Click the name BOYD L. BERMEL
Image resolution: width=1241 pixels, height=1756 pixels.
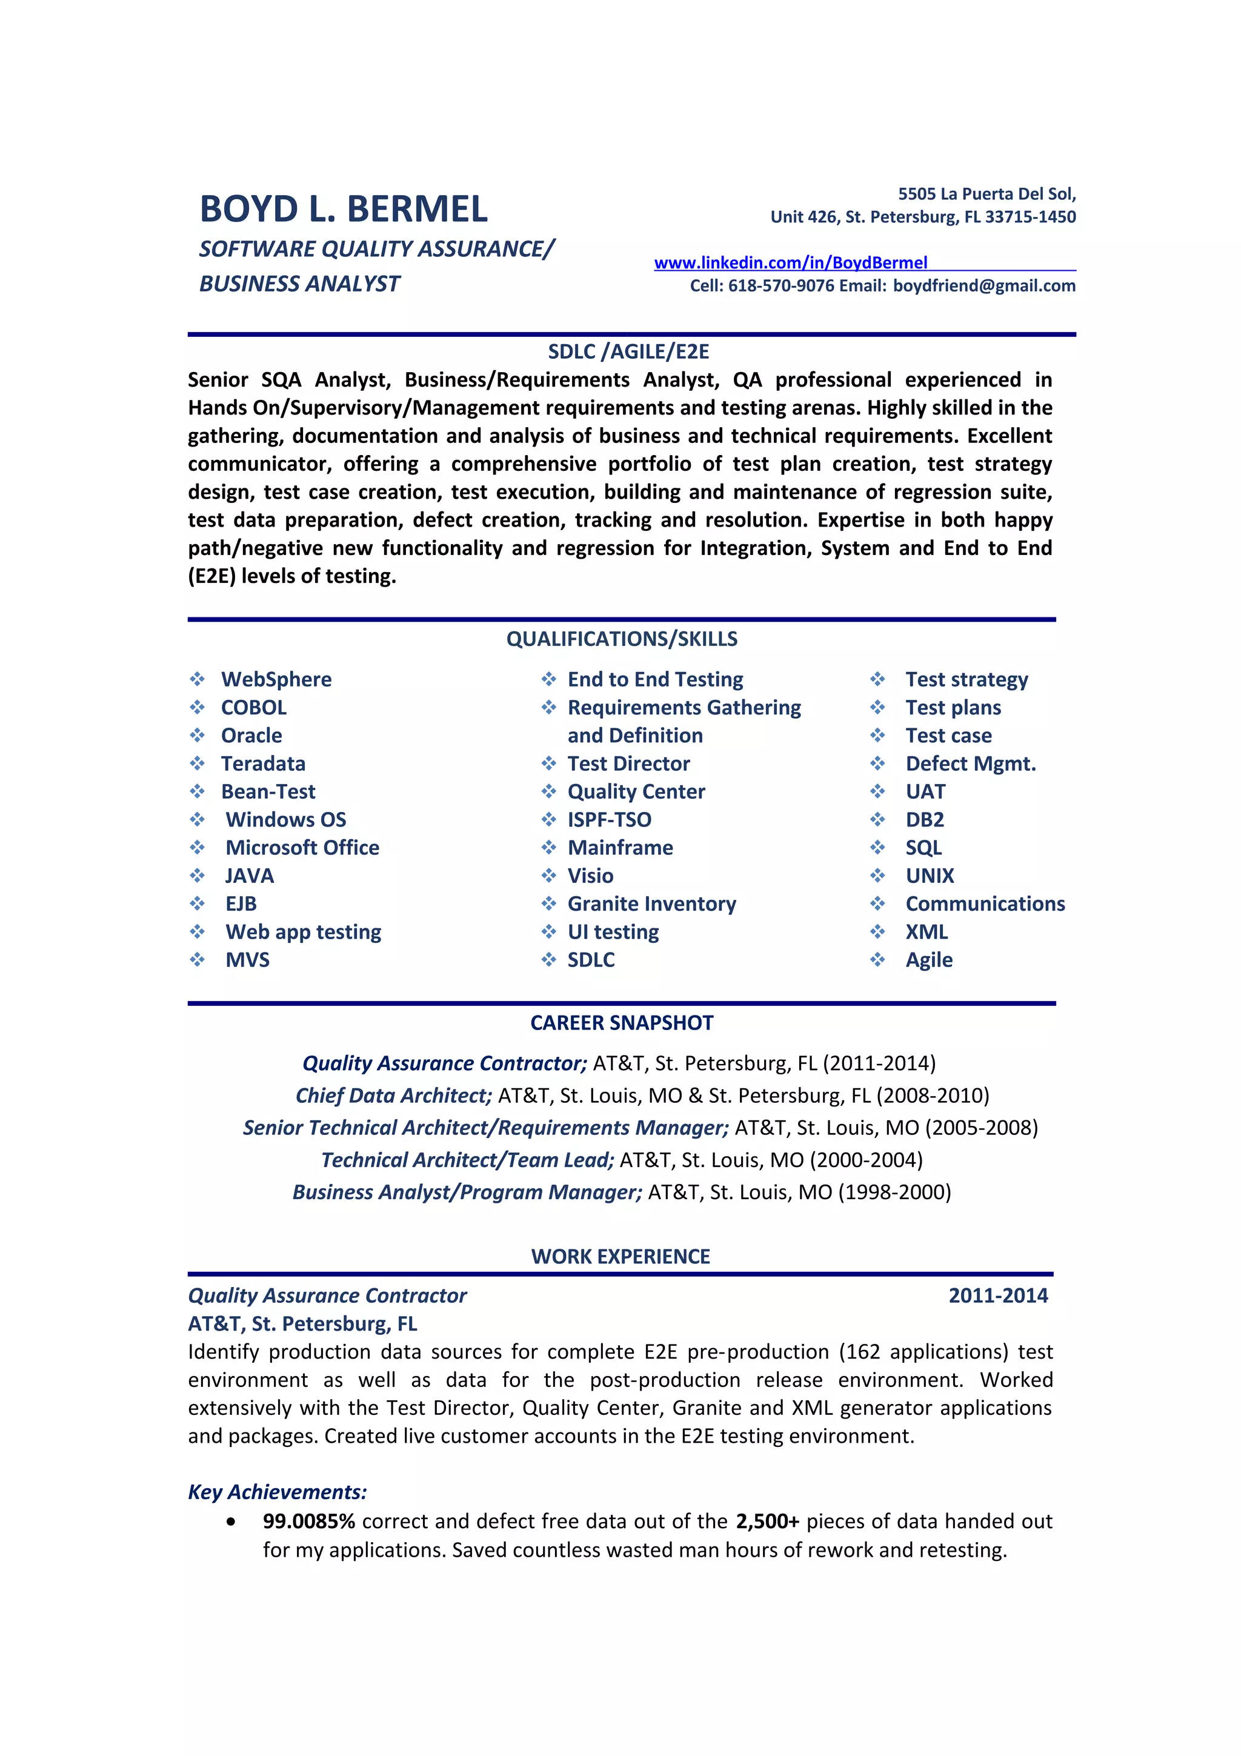point(344,209)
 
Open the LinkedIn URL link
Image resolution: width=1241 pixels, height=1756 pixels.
point(790,262)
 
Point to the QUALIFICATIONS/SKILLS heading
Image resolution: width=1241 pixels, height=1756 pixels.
point(621,639)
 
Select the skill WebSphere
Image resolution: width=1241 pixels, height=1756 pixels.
point(276,679)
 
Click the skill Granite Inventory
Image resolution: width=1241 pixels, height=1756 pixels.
point(651,903)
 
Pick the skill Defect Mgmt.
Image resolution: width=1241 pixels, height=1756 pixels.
point(970,763)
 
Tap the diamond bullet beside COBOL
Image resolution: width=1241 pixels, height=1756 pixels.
point(198,708)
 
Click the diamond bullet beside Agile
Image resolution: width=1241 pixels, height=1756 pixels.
point(877,959)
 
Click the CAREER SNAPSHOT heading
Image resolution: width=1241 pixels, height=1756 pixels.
point(621,1023)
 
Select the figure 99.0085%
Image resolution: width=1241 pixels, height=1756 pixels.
point(308,1522)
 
